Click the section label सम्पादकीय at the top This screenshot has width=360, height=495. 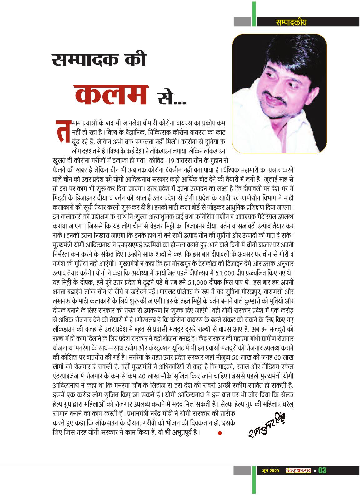(287, 22)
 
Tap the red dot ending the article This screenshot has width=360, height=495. (220, 433)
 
